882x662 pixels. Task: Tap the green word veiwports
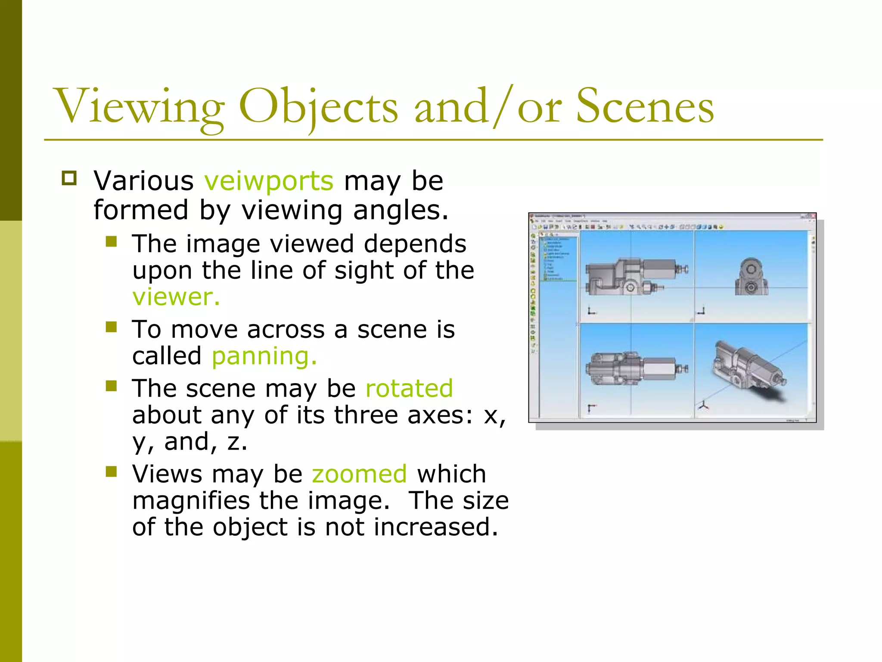[269, 181]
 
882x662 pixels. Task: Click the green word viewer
[176, 297]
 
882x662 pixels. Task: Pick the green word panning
[264, 356]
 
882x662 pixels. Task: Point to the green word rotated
[409, 388]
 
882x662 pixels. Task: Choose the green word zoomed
[359, 474]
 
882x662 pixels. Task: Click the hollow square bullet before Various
[69, 178]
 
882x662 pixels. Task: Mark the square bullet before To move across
[112, 327]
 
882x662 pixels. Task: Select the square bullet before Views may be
[112, 472]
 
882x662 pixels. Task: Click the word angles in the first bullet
[401, 211]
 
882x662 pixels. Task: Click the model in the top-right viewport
[751, 277]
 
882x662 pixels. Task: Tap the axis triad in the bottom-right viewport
[703, 405]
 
